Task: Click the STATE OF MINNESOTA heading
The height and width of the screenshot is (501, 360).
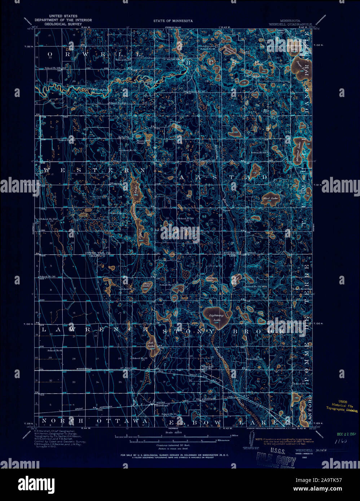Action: pyautogui.click(x=173, y=21)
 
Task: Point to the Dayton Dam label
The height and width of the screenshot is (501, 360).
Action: pyautogui.click(x=172, y=59)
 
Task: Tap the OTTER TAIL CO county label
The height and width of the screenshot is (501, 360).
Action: pyautogui.click(x=95, y=253)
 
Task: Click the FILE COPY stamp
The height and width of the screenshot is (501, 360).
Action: pyautogui.click(x=276, y=459)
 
